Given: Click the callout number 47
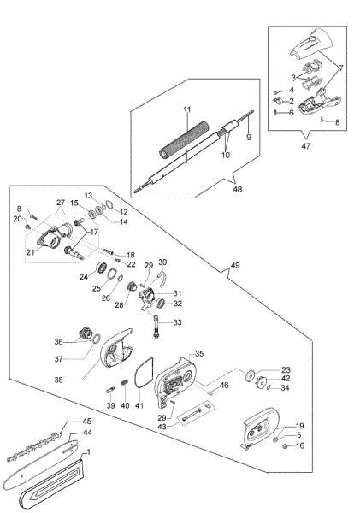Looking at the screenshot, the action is [305, 146].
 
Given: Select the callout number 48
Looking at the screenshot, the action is [238, 189].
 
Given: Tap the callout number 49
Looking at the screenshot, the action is [235, 265].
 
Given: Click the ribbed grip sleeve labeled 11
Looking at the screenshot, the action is [184, 140].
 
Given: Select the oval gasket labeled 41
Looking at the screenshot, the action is [145, 373].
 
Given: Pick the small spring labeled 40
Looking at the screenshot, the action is [124, 382].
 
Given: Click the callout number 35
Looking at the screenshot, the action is [199, 353].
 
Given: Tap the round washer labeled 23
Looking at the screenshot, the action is [251, 375].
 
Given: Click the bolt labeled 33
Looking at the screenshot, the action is [156, 327].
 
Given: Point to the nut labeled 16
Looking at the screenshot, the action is [285, 446].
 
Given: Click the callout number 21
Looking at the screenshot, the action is [31, 252].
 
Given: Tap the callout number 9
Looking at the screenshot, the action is [249, 137].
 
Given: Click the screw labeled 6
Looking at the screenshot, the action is [275, 113].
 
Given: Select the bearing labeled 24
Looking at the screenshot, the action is [101, 268].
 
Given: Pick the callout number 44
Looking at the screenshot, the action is [87, 433].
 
